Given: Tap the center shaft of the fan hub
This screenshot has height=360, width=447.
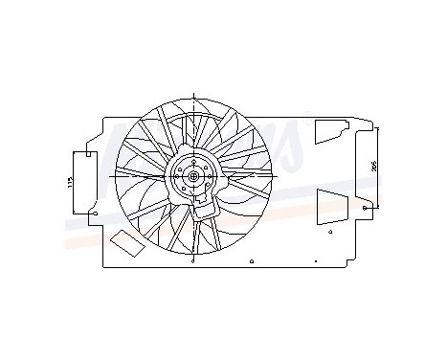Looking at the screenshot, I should click(194, 176).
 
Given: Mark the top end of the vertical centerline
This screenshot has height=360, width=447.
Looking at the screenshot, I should click(194, 93).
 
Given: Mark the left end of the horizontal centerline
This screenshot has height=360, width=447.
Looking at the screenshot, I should click(111, 176).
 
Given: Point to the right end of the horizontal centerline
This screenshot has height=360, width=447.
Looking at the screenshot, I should click(278, 176).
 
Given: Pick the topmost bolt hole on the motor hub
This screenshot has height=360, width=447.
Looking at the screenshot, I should click(194, 164).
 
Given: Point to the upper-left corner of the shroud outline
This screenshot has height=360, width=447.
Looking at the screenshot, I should click(102, 117).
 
